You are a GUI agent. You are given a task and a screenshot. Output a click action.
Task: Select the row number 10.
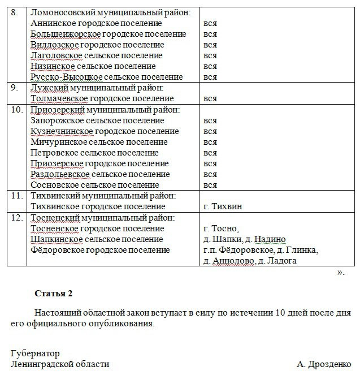coord(16,110)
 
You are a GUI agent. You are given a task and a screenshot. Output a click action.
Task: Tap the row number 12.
coord(16,218)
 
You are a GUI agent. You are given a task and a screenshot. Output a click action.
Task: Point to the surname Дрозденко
coord(331,364)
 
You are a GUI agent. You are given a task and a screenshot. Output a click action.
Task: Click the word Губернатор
coord(35,353)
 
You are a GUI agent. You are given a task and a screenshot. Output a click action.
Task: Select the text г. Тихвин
coord(222,206)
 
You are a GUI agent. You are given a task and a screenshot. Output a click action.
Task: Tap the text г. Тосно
coord(221,228)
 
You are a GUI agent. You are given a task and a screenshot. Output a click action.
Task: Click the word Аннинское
coord(53,23)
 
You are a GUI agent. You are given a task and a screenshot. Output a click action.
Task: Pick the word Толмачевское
coord(58,98)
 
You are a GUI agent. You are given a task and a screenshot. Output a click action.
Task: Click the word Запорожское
coord(57,120)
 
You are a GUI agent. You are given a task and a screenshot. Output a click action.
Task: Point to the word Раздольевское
coord(60,174)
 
